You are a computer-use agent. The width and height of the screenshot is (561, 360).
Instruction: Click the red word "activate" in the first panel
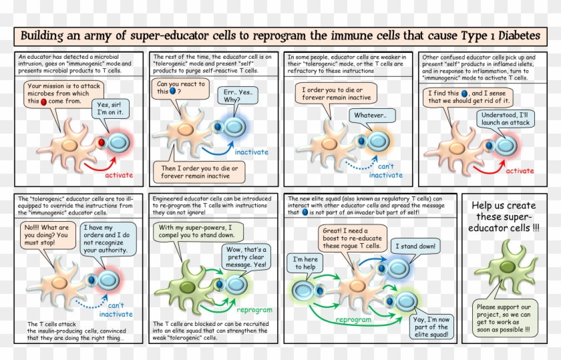[118, 175]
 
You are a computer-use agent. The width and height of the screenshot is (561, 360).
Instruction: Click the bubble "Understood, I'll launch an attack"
[506, 119]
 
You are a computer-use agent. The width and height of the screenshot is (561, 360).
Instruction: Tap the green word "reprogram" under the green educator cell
[254, 310]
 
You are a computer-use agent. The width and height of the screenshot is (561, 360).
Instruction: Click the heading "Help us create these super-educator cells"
[506, 218]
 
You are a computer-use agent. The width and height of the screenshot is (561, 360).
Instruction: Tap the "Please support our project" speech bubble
[506, 316]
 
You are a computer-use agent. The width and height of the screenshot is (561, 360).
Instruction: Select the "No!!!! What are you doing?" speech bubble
[47, 236]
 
